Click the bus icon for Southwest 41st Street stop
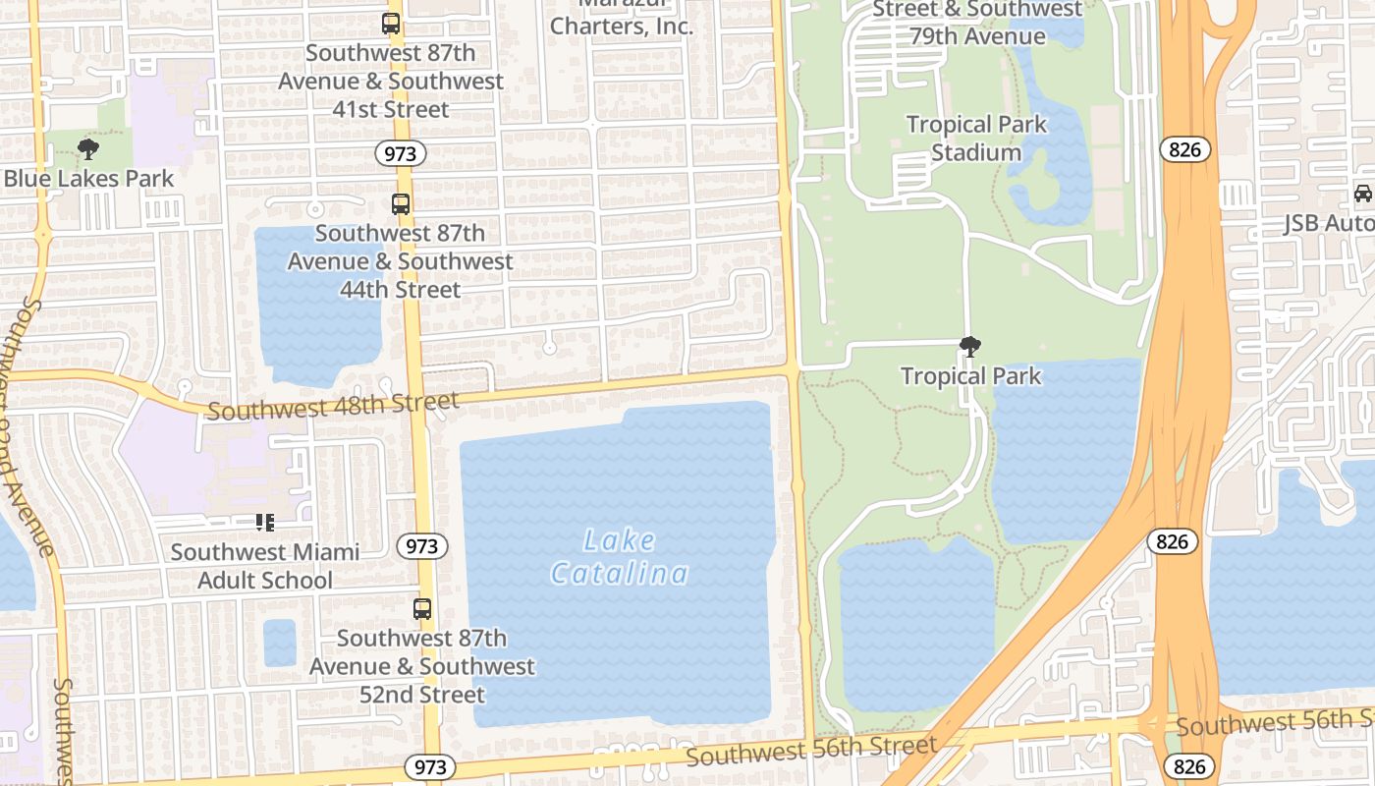(391, 24)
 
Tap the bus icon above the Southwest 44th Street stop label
(401, 204)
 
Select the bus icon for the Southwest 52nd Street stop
(422, 608)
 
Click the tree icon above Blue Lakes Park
(88, 149)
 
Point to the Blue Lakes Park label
(88, 179)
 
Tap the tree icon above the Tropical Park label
(970, 347)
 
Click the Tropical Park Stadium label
(976, 139)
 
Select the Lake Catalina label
(620, 556)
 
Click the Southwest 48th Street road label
(333, 405)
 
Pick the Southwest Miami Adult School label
(265, 566)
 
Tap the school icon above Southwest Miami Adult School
(264, 523)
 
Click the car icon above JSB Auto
(1363, 194)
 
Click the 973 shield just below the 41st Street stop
(400, 153)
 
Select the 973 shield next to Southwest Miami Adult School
(422, 546)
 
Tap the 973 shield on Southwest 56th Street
(430, 767)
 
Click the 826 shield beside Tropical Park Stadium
(1184, 149)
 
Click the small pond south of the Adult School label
(280, 643)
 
